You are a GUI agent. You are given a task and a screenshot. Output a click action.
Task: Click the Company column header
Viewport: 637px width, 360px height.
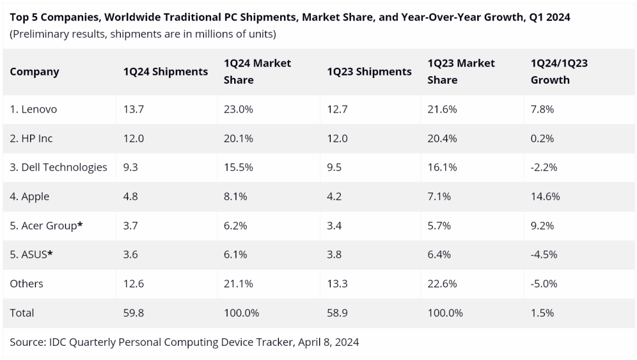tap(34, 72)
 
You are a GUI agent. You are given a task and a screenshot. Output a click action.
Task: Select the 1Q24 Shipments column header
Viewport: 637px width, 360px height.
tap(165, 72)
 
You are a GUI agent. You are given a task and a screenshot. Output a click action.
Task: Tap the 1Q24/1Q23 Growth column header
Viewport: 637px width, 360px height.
tap(559, 71)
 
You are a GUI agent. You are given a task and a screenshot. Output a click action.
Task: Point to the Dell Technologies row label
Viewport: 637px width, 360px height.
tap(58, 167)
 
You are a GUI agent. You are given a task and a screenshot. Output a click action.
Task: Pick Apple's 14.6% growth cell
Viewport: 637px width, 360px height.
tap(545, 197)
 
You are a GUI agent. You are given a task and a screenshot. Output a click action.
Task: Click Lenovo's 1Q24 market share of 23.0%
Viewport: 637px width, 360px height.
tap(238, 109)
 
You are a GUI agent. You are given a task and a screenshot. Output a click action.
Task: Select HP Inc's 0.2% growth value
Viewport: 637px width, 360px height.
tap(543, 138)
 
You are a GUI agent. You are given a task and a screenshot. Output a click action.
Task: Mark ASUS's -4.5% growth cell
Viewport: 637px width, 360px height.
tap(544, 254)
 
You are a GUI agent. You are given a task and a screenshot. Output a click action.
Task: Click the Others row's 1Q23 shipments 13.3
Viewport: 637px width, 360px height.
tap(337, 283)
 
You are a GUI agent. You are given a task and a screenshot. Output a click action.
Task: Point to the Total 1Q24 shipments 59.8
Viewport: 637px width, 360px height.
tap(133, 313)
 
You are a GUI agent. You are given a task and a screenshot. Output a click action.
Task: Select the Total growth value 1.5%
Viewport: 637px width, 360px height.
tap(542, 313)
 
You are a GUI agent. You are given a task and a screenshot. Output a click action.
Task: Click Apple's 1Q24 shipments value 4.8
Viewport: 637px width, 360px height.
tap(130, 197)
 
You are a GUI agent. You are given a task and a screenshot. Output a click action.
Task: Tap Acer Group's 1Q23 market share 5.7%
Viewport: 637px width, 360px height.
tap(439, 225)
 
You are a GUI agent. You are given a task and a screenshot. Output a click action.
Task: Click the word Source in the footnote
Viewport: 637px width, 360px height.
tap(27, 342)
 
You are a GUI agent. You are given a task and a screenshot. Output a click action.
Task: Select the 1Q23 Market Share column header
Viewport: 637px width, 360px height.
tap(461, 71)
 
